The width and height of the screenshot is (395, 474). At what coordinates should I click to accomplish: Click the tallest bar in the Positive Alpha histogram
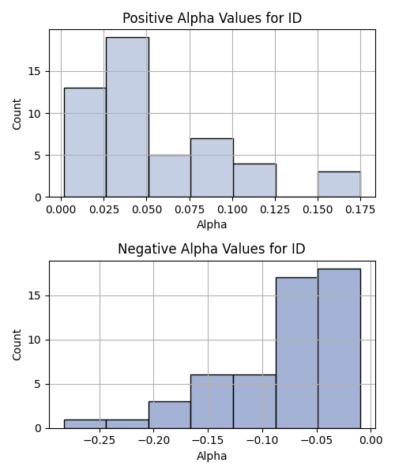click(127, 117)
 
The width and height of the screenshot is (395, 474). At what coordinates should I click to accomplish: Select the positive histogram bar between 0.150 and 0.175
click(339, 184)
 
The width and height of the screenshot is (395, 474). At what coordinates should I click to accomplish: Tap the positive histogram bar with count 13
click(85, 142)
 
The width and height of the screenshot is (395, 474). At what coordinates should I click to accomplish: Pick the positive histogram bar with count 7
click(212, 167)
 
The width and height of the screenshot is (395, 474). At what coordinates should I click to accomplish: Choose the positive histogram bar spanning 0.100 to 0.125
click(254, 180)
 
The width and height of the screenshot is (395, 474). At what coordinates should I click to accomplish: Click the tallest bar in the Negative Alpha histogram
click(339, 348)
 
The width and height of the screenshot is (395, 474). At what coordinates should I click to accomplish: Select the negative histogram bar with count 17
click(297, 353)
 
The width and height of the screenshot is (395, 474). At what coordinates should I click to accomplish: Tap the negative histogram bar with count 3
click(170, 415)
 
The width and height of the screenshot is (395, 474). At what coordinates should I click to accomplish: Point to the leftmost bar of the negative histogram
click(85, 424)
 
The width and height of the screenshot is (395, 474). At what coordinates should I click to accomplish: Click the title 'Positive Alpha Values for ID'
click(212, 18)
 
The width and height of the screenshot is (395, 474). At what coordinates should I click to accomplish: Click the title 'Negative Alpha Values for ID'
click(212, 249)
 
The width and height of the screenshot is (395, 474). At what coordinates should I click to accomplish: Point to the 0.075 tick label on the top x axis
click(190, 209)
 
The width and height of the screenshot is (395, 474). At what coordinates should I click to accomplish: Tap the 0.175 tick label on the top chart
click(360, 209)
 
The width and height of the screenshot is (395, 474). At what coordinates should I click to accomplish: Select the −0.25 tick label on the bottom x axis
click(100, 441)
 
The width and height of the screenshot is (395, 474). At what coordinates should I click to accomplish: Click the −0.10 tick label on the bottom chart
click(262, 441)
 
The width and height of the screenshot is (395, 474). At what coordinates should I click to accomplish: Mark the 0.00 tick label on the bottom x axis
click(371, 441)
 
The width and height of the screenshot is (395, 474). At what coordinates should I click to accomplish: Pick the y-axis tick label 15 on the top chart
click(35, 72)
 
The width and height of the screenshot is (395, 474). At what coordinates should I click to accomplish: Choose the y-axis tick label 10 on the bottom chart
click(35, 340)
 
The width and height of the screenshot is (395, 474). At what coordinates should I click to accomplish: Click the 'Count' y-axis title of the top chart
click(17, 114)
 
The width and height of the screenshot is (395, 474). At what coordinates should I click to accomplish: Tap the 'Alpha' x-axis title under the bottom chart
click(212, 456)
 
